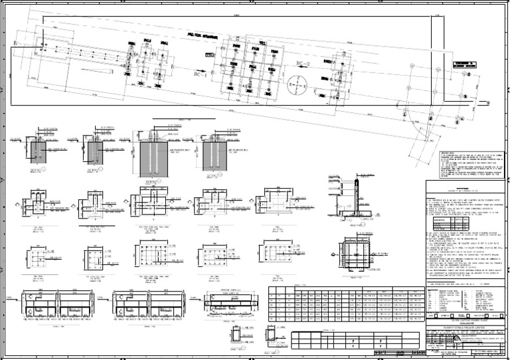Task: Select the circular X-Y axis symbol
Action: pos(294,86)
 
